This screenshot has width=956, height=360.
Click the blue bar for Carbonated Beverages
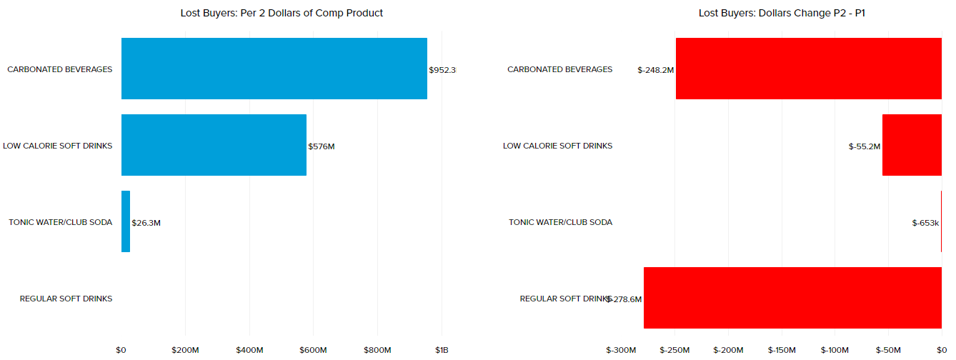274,69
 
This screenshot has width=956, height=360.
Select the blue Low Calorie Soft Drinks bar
214,145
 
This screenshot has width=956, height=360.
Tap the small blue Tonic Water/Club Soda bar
126,221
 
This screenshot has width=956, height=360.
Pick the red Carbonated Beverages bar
808,69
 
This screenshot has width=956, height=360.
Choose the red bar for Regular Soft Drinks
792,298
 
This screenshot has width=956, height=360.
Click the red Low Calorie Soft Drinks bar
912,145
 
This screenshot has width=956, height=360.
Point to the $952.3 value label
442,70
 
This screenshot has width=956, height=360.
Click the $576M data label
322,146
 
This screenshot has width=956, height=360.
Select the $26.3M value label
146,223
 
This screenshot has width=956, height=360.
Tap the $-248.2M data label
656,70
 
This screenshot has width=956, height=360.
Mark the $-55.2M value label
865,146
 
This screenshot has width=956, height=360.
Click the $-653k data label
925,223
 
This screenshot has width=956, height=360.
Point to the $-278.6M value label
624,299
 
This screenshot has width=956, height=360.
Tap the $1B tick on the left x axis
442,350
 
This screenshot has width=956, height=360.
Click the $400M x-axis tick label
249,350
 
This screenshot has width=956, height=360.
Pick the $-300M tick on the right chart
622,350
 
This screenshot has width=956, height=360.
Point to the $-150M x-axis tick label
782,350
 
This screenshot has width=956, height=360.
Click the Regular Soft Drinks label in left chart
66,299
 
